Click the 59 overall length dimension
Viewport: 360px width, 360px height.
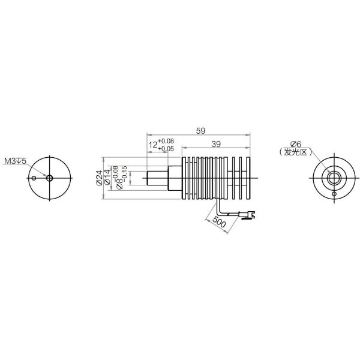(x=200, y=131)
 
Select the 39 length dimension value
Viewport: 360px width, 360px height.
(x=216, y=144)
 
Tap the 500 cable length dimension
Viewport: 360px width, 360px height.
(x=219, y=222)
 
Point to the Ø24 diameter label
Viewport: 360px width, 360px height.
(x=99, y=178)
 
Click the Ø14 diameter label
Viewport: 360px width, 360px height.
(x=107, y=177)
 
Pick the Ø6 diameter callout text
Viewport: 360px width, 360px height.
(x=295, y=144)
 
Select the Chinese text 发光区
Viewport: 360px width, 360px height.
(x=295, y=152)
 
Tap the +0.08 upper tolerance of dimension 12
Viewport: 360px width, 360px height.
(x=166, y=141)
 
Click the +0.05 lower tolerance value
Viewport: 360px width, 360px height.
(x=166, y=149)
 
